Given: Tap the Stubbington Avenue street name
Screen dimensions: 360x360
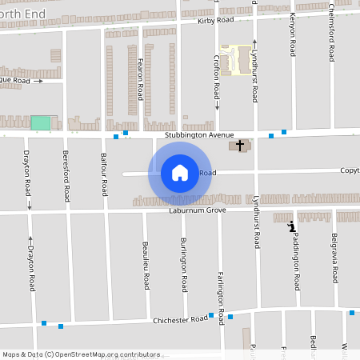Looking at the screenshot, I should point(199,135).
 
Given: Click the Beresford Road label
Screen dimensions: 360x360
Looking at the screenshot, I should point(66,175).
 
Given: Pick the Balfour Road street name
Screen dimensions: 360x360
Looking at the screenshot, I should point(103,174).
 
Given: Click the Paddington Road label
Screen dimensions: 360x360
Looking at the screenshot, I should point(296,261).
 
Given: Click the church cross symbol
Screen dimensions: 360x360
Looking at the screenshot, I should point(239,146).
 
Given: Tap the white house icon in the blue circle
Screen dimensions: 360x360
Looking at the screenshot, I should point(179,173).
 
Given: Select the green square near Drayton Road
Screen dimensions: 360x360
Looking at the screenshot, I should point(40,123).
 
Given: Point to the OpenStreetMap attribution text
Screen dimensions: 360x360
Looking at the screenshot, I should point(80,354).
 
